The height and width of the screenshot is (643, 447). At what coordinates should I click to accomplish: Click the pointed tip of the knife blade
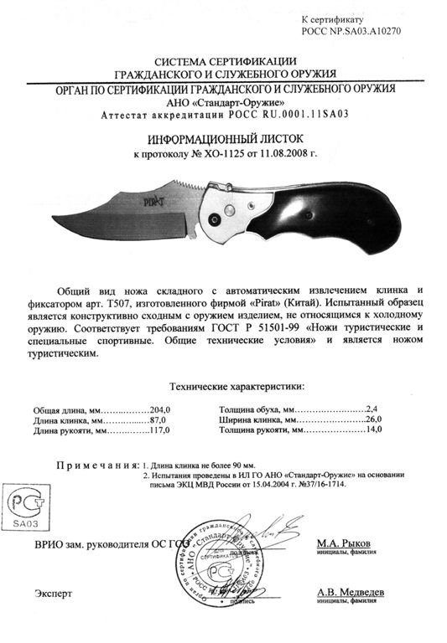[58, 219]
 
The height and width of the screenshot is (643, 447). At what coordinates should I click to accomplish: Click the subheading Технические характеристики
[238, 387]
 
